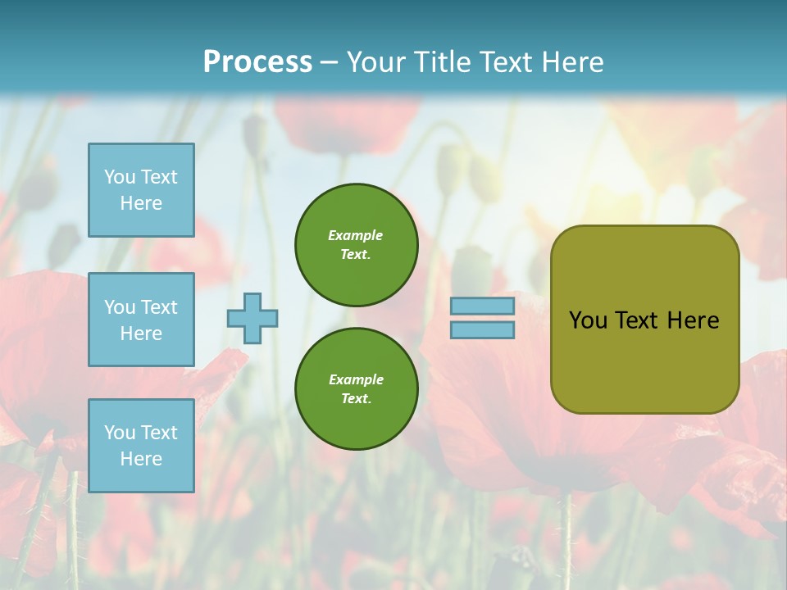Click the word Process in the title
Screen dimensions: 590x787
(x=257, y=62)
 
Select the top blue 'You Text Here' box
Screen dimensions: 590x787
(x=141, y=190)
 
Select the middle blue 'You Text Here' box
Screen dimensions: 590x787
(x=141, y=320)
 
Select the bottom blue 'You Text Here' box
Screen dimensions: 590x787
(x=141, y=446)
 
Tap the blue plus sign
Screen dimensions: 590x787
(x=252, y=318)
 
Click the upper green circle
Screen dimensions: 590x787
(x=357, y=245)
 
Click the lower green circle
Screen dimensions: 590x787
(x=357, y=389)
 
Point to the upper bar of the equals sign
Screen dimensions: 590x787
(x=482, y=306)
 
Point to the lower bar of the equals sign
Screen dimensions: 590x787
(x=482, y=329)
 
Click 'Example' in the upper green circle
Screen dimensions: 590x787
(x=356, y=236)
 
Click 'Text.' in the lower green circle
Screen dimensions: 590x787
(x=356, y=399)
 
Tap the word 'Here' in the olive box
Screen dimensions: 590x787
(x=693, y=320)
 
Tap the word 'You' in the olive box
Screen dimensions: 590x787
(x=588, y=320)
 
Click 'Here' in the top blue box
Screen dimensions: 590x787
(x=141, y=203)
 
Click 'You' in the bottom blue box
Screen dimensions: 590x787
(x=120, y=433)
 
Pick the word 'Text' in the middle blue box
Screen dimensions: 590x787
(x=159, y=307)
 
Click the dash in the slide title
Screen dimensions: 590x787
(x=329, y=62)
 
